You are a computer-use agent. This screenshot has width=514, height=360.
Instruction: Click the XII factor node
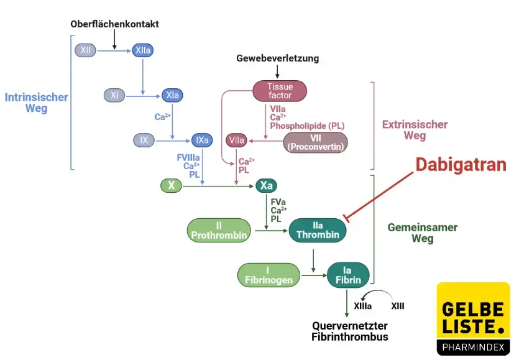[x=85, y=50]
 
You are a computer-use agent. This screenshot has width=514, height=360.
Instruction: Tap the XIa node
[x=172, y=95]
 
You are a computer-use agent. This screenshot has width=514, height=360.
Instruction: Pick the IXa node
[x=202, y=140]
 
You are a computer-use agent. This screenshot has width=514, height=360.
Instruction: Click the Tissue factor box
[x=280, y=91]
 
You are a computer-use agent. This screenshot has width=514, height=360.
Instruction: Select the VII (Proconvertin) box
[x=315, y=142]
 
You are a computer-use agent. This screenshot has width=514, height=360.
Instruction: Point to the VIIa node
[x=236, y=141]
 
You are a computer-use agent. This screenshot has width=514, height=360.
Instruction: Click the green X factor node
[x=171, y=185]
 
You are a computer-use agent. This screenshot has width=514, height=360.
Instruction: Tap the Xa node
[x=266, y=185]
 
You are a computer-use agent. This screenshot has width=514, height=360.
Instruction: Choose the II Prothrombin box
[x=219, y=230]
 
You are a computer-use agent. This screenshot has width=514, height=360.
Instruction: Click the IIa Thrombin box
[x=318, y=230]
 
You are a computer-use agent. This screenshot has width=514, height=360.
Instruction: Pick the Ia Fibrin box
[x=348, y=275]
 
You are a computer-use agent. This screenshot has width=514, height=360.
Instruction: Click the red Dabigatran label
[x=461, y=164]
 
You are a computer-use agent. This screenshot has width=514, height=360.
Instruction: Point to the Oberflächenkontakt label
[x=114, y=24]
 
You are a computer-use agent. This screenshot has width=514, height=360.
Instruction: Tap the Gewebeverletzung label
[x=277, y=58]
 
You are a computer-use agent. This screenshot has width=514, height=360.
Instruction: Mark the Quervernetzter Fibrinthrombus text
[x=350, y=331]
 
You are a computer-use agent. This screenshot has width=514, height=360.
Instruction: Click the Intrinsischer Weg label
[x=36, y=103]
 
